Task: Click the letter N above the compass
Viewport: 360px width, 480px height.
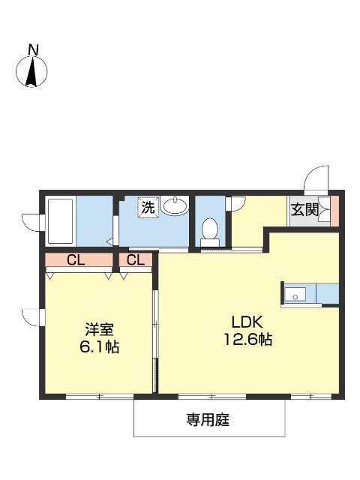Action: pos(32,49)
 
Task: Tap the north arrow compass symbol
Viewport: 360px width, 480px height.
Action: pos(32,71)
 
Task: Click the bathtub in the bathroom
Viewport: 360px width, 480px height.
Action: pos(60,220)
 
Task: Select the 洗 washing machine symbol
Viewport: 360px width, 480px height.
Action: pos(148,207)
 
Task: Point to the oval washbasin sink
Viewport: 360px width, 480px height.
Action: pos(175,205)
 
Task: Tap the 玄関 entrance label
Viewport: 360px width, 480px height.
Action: pos(304,209)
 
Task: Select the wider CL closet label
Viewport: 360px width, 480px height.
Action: pos(75,261)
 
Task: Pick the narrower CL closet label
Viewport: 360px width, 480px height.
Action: pos(136,261)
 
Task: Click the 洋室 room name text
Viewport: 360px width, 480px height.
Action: pos(97,329)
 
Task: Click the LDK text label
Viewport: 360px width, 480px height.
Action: pos(244,321)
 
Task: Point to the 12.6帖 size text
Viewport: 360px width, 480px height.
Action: pos(245,340)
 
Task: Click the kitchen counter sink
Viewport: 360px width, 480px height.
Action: pos(296,294)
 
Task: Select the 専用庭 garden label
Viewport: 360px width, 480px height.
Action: pos(208,421)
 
